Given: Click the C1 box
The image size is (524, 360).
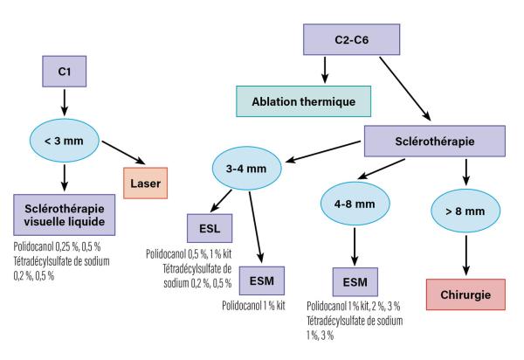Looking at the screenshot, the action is (x=64, y=72).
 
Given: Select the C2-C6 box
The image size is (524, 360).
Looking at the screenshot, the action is (x=352, y=39).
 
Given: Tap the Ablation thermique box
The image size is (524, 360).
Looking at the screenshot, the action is (x=303, y=101).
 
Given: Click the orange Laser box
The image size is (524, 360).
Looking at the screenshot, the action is (x=145, y=183).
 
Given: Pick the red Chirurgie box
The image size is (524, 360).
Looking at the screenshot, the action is (x=465, y=294).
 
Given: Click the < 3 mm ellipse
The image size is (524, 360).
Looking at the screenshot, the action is (x=65, y=141).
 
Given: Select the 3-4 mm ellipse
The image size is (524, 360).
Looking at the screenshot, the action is (x=247, y=168).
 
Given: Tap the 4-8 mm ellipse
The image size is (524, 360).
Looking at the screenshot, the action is (x=355, y=204).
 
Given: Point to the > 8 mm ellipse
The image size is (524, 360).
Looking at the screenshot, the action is (x=465, y=211).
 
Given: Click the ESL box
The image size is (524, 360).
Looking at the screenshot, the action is (x=210, y=228).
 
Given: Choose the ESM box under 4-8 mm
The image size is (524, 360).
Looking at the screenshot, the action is (x=355, y=281).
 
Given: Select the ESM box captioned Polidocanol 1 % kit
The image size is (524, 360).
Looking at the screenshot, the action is (x=262, y=280).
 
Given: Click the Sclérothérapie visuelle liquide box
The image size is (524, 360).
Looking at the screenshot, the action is (x=65, y=215).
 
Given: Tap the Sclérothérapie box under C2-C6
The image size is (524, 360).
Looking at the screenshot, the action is (x=435, y=141).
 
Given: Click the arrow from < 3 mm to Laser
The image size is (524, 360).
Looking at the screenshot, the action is (x=124, y=153).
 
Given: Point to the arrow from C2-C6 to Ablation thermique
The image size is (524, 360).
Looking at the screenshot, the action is (x=325, y=70).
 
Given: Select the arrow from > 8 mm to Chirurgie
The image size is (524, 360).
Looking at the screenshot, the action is (x=466, y=255).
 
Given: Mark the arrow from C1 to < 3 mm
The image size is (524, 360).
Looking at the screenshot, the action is (x=65, y=102).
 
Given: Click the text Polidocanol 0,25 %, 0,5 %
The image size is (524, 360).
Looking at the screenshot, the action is (x=57, y=246).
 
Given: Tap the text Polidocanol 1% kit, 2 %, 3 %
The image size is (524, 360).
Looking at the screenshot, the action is (x=353, y=306).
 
